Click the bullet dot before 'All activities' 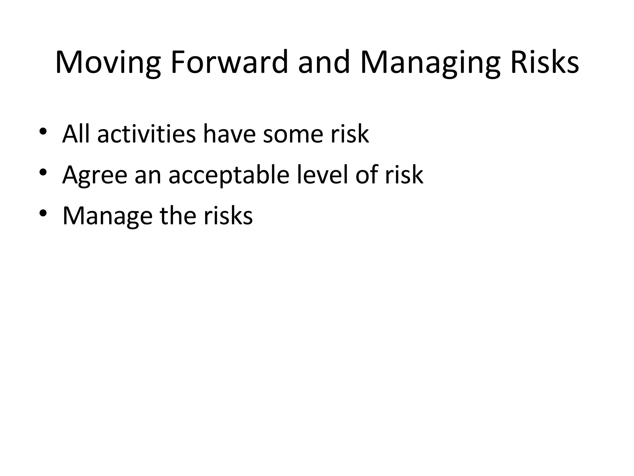pos(43,131)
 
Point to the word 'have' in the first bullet pos(229,134)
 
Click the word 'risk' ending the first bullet pos(350,134)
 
